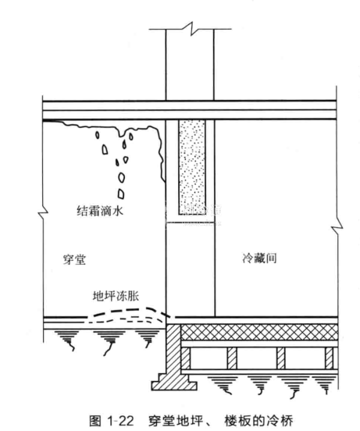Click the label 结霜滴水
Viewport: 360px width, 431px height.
point(100,211)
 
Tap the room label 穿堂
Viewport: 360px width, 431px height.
point(74,259)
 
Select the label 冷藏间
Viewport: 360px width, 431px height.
point(259,258)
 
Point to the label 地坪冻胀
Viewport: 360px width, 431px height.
point(116,296)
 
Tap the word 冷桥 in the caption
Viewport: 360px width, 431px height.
point(282,421)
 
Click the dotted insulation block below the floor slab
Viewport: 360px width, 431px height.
point(192,167)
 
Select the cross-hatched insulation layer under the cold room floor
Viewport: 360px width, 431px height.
point(259,332)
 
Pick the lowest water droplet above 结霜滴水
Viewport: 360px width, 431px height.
point(121,194)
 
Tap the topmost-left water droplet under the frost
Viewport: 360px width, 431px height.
point(97,135)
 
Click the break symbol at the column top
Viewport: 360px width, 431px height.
point(191,28)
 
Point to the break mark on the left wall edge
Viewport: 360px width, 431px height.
point(44,213)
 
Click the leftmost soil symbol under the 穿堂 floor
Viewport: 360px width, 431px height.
point(68,340)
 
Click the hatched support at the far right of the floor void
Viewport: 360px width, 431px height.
point(329,358)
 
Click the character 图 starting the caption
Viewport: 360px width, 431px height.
point(95,421)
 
